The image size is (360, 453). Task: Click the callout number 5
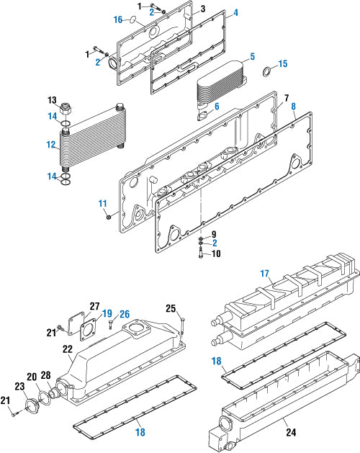pos(253,56)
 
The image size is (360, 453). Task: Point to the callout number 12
pos(51,144)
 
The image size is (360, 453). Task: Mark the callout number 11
pos(102,204)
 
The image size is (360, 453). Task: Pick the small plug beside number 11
pos(109,216)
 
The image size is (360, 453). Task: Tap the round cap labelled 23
pos(31,406)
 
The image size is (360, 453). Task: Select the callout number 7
pos(286,97)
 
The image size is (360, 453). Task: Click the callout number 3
pos(203,9)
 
